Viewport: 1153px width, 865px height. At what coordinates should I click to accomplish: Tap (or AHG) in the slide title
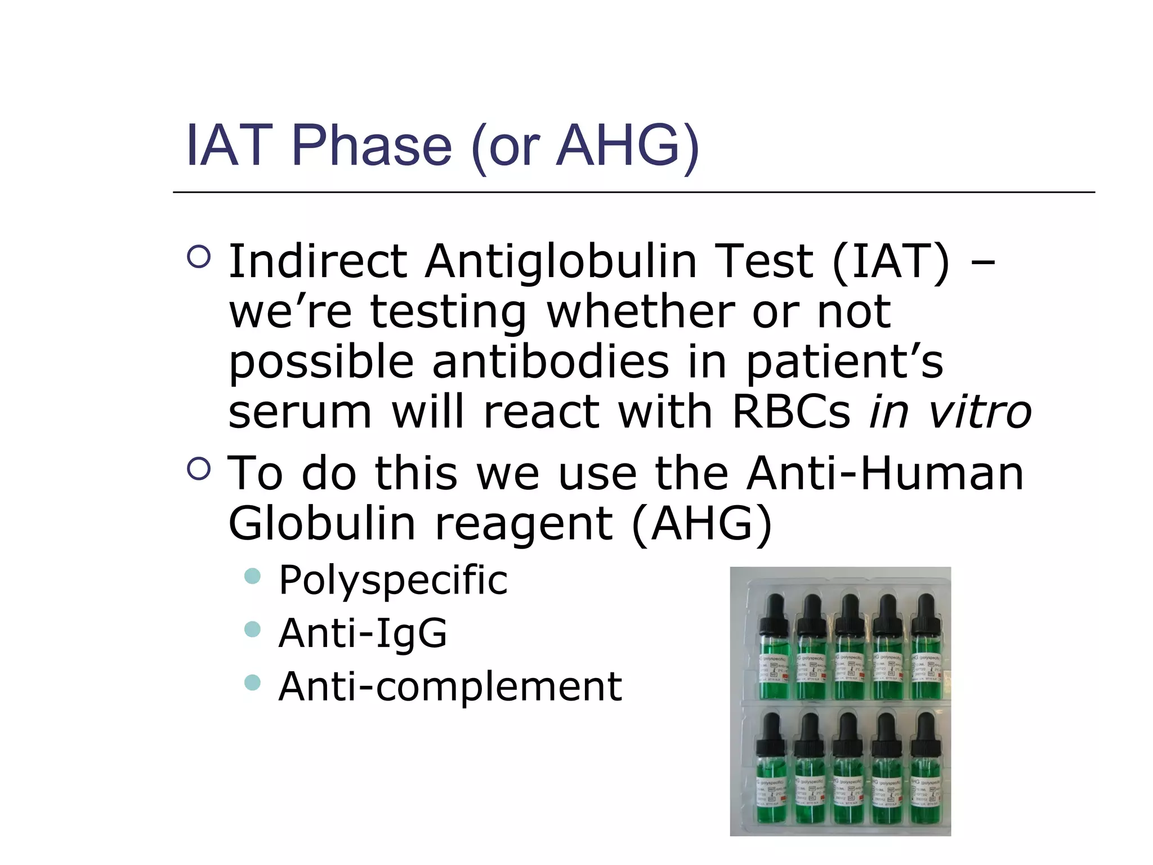pyautogui.click(x=586, y=146)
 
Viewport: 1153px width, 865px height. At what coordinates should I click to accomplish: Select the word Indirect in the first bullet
pyautogui.click(x=318, y=261)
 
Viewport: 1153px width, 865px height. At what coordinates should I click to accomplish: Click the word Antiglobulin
pyautogui.click(x=561, y=261)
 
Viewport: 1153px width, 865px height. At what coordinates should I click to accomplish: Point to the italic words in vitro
pyautogui.click(x=950, y=412)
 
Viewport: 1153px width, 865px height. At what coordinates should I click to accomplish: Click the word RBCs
pyautogui.click(x=790, y=412)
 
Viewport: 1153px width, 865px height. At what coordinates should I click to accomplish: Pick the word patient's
pyautogui.click(x=844, y=363)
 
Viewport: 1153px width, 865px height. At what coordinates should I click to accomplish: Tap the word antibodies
pyautogui.click(x=551, y=362)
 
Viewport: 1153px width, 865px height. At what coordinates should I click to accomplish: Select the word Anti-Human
pyautogui.click(x=885, y=473)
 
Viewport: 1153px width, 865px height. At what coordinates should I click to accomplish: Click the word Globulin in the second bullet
pyautogui.click(x=322, y=524)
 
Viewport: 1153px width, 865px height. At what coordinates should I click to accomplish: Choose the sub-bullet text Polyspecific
pyautogui.click(x=393, y=580)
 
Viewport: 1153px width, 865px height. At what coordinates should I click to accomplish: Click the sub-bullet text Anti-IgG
pyautogui.click(x=363, y=634)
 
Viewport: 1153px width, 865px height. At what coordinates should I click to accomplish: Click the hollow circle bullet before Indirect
pyautogui.click(x=199, y=257)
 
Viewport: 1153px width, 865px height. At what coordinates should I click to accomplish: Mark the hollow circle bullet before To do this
pyautogui.click(x=199, y=469)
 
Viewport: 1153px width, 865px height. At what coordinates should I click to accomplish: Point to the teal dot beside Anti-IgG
pyautogui.click(x=253, y=629)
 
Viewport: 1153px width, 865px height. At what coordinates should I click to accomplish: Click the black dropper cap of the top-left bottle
pyautogui.click(x=775, y=614)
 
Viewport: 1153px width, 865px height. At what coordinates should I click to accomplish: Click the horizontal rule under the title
pyautogui.click(x=633, y=193)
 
